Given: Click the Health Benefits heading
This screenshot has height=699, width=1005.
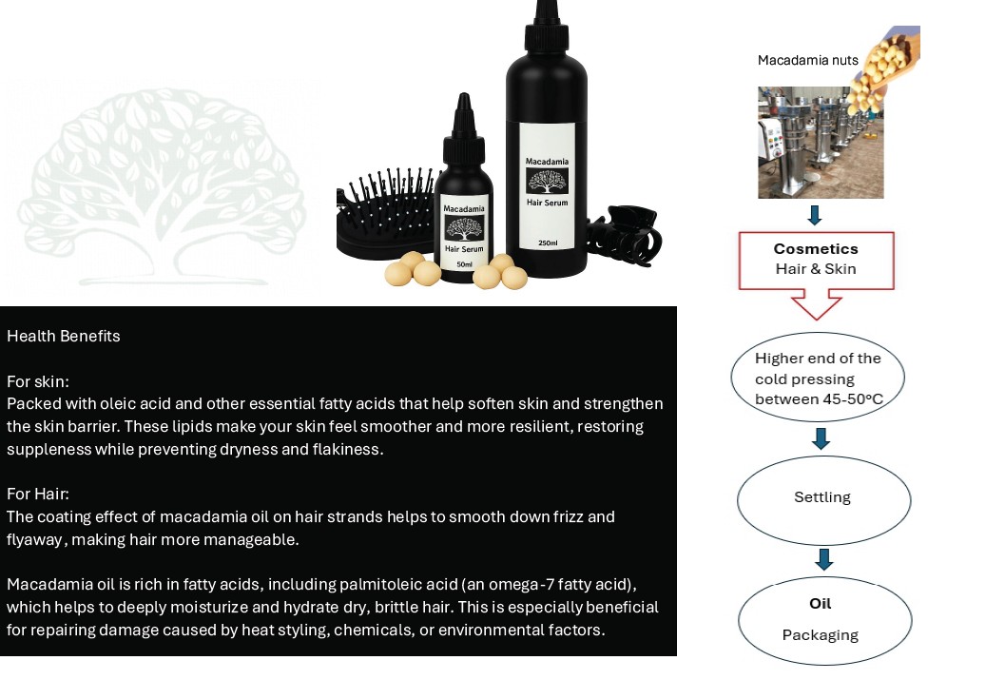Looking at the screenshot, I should point(64,336).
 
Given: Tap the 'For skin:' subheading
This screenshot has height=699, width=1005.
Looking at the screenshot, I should point(38,381).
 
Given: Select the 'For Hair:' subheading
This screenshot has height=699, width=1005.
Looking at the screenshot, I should point(38,494).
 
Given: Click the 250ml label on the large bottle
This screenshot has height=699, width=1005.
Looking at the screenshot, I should point(547,243).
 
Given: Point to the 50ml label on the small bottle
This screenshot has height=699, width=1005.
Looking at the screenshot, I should point(464,263).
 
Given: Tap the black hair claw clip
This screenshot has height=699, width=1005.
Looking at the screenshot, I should point(623,233).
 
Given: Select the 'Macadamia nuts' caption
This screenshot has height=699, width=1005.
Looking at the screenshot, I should point(807,60).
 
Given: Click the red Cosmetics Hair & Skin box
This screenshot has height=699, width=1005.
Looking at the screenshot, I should point(816,260).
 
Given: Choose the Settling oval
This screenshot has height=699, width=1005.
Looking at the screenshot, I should point(823,497).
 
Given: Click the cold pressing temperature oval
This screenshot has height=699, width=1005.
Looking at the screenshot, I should point(818,379).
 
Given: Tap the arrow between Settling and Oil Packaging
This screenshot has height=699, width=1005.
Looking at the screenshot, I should point(824,558).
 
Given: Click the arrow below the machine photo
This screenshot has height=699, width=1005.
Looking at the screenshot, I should point(815,214).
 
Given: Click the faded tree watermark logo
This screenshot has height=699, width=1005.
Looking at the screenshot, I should point(162,185).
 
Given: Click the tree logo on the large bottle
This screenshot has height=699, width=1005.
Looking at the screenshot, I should point(547,182).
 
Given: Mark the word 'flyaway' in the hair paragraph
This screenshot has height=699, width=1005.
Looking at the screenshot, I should point(33,540).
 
